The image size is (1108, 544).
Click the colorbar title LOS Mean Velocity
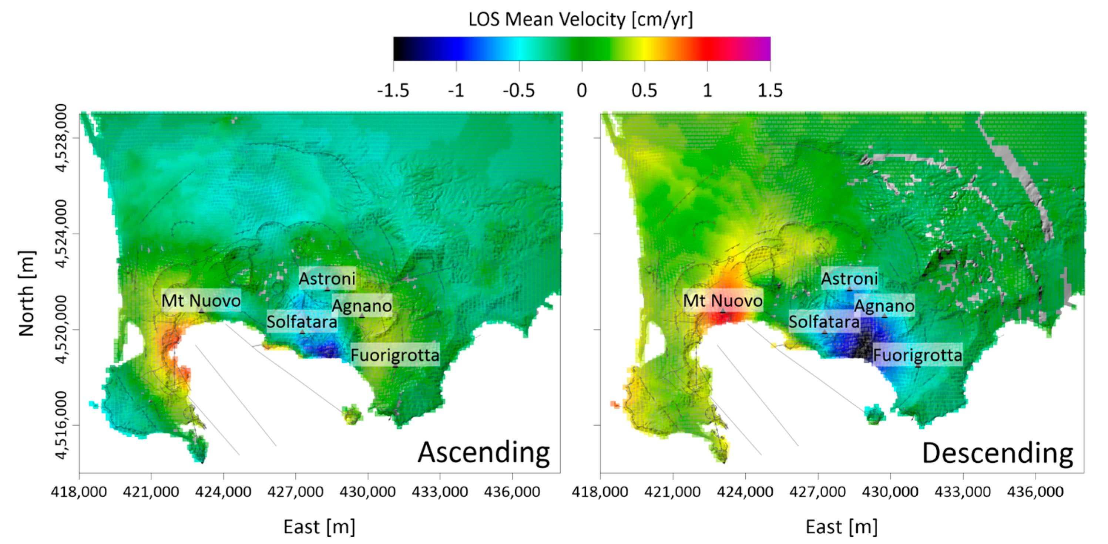coord(581,20)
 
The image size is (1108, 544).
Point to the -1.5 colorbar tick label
coord(393,91)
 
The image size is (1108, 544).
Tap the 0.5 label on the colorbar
coord(644,91)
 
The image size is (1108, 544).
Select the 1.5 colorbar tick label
coord(769,91)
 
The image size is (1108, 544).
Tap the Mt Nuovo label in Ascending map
coord(201,300)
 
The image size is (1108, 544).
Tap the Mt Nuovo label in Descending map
coord(723,300)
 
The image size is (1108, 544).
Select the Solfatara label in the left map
coord(302,321)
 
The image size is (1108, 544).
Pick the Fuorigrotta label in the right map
coord(917,355)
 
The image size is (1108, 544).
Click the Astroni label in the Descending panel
coord(849,278)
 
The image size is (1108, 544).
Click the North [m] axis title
coord(26,294)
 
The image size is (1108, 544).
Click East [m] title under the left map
coord(319,527)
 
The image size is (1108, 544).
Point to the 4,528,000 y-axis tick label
coord(61,138)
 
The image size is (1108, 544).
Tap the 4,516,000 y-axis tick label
coord(61,425)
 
